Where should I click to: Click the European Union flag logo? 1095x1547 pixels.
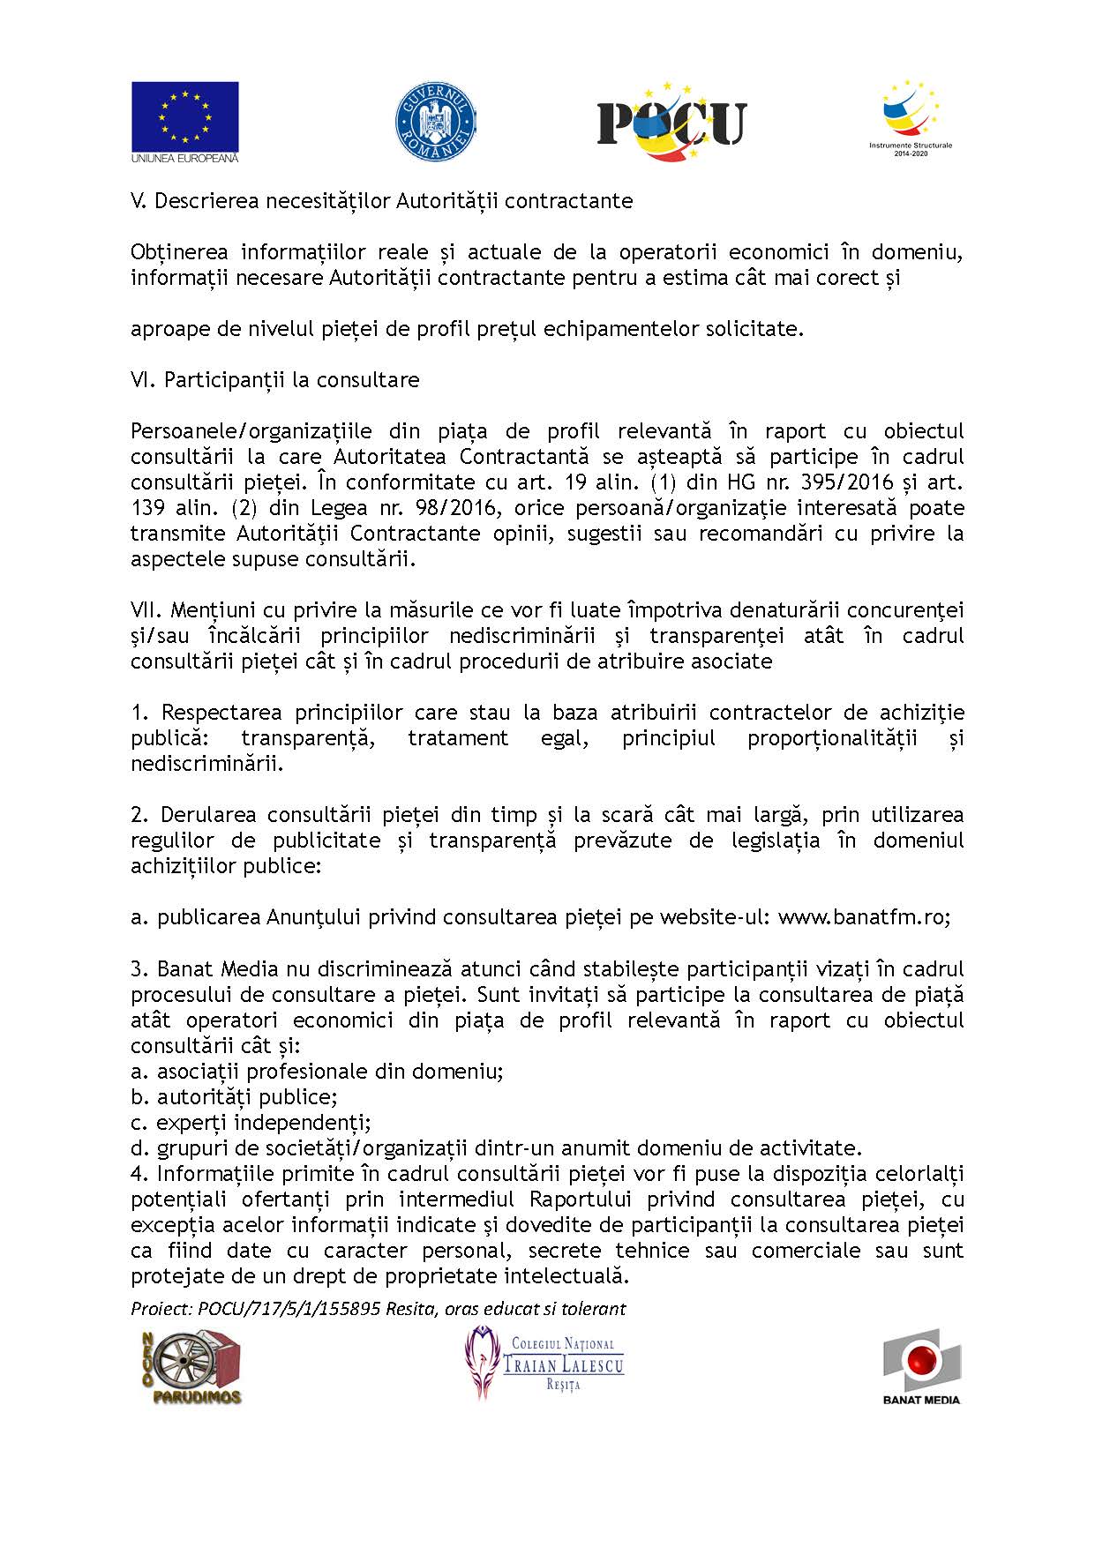(185, 121)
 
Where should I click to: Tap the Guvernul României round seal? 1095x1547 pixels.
(435, 122)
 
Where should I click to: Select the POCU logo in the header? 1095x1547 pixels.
(671, 122)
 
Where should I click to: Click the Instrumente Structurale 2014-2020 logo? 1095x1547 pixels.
(911, 118)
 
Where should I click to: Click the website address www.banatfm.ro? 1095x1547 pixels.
(862, 917)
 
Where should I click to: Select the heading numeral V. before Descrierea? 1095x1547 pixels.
(139, 201)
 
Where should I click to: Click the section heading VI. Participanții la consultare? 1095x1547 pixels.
(275, 380)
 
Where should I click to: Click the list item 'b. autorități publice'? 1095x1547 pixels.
(235, 1097)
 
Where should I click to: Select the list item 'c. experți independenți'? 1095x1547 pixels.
(251, 1123)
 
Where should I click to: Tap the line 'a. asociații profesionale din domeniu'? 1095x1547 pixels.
(318, 1072)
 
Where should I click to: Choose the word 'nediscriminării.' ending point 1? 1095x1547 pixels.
(207, 764)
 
